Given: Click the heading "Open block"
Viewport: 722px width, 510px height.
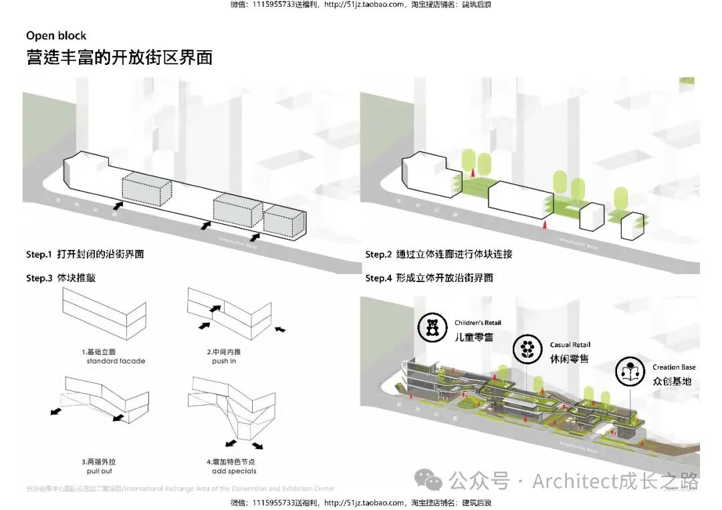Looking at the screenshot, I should pos(56,36).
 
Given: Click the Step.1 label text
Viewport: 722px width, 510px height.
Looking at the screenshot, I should pos(85,255).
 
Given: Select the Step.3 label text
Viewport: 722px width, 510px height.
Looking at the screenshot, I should pos(61,277).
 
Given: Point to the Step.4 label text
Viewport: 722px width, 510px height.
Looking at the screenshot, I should pos(429,277).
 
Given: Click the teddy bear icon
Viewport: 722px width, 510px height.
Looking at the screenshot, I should pos(432,328).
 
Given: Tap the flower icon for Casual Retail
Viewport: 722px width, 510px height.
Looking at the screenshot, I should pos(527,349).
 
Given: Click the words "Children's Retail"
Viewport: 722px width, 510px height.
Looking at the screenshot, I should pos(478,323).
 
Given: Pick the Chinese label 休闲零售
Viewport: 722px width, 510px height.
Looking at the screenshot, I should pos(570,359).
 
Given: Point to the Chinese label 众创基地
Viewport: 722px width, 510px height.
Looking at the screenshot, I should pos(672,382).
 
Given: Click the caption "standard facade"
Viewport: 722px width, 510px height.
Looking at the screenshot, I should pos(116,361).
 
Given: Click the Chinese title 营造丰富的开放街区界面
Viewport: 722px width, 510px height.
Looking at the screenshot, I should pos(119,57).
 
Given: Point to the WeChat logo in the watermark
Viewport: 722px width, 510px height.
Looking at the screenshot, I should pos(428,479).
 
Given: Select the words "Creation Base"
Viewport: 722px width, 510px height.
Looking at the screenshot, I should pos(674,368).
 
